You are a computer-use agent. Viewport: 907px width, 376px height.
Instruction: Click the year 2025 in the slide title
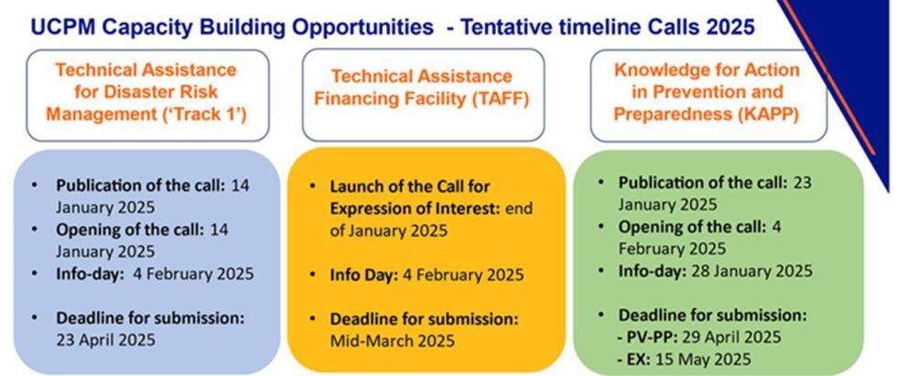pyautogui.click(x=729, y=27)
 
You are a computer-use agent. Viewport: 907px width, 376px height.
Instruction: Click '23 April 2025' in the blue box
pyautogui.click(x=105, y=339)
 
